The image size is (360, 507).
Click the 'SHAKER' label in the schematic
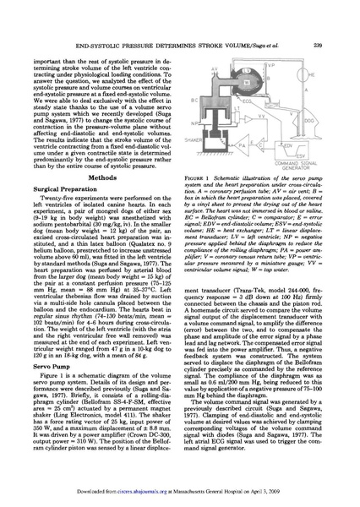[194, 139]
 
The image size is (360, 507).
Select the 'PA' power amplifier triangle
[242, 145]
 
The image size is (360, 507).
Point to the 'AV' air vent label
[215, 69]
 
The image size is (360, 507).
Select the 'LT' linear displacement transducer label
[237, 108]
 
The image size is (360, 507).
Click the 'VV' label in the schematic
[261, 116]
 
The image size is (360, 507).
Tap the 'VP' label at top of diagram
[270, 65]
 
